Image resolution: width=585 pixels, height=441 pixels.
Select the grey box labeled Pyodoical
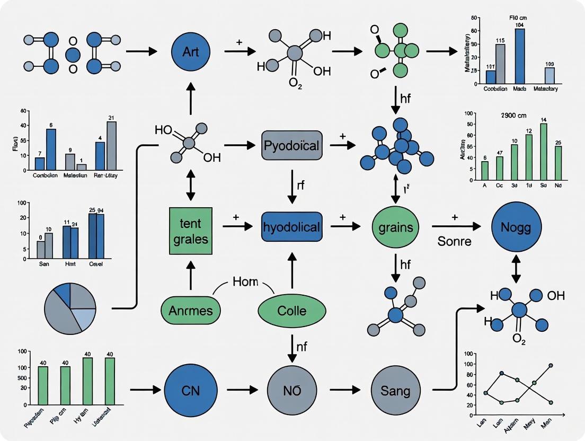point(292,145)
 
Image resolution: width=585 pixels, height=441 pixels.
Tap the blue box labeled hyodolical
point(292,227)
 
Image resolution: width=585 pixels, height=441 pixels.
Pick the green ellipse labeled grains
point(395,227)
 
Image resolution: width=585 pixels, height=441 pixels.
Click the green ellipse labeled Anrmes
point(190,310)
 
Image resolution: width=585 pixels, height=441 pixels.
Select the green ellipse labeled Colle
point(292,310)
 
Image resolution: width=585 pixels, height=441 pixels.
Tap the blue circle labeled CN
point(191,391)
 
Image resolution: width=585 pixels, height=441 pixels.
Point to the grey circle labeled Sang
point(395,391)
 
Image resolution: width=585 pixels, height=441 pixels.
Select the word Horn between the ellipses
point(245,282)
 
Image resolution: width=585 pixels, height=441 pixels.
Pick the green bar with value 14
point(543,152)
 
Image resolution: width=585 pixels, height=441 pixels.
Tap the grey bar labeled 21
point(111,146)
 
